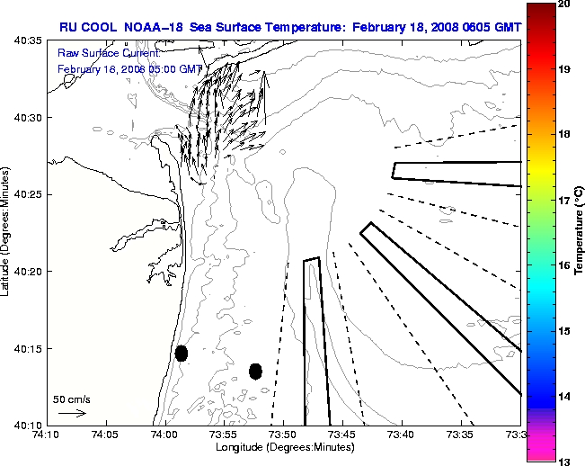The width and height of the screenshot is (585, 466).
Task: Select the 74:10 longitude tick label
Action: pyautogui.click(x=46, y=435)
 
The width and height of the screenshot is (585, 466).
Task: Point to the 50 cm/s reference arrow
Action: pyautogui.click(x=72, y=413)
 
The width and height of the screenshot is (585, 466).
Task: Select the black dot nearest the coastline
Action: pyautogui.click(x=181, y=353)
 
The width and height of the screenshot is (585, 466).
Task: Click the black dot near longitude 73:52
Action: pyautogui.click(x=255, y=371)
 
